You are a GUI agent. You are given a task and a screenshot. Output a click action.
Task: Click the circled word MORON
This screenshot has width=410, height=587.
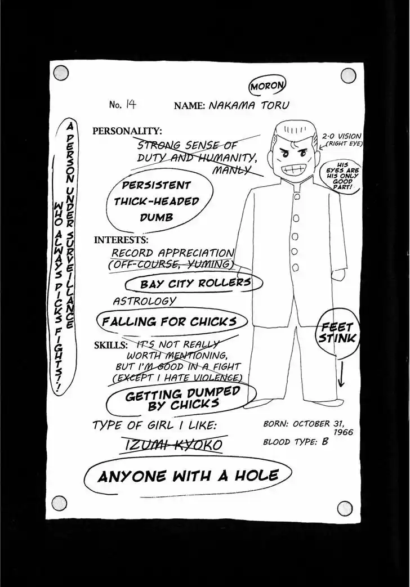(268, 87)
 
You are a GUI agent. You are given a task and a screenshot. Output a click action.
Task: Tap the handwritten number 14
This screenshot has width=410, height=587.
(130, 104)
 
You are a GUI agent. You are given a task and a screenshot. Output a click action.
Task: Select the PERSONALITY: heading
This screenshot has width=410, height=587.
(127, 131)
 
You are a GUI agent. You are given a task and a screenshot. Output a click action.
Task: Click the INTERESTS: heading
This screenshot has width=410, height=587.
(121, 239)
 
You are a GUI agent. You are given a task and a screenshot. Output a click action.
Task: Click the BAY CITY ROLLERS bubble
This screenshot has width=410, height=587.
(194, 283)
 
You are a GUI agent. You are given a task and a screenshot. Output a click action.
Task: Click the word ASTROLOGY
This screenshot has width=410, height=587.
(144, 301)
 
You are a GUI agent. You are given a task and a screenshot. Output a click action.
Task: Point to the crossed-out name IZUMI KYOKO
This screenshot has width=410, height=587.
(173, 445)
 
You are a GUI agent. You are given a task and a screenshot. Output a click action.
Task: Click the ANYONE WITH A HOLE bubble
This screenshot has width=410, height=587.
(188, 476)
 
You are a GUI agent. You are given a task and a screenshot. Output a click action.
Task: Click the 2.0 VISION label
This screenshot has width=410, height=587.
(341, 136)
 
